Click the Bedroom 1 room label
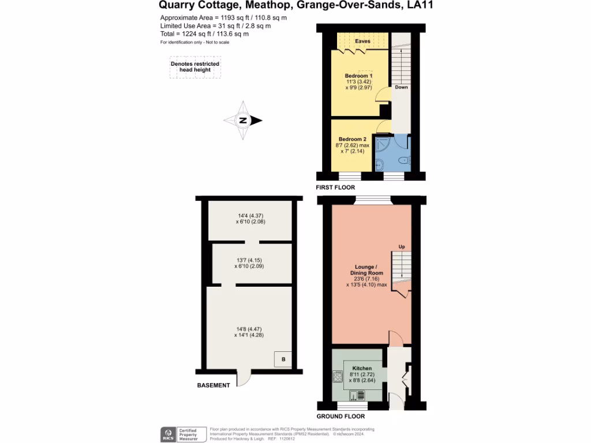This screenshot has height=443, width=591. [x=358, y=76]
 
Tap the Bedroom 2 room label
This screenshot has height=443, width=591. [x=352, y=140]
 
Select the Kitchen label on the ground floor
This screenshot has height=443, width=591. [x=362, y=368]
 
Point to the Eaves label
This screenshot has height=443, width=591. [x=362, y=41]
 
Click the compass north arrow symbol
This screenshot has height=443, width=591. [x=244, y=121]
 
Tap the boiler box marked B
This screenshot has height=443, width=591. [x=283, y=359]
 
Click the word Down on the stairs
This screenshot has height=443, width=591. [x=401, y=87]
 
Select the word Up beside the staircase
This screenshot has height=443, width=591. [x=402, y=247]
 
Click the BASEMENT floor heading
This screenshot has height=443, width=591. [x=214, y=385]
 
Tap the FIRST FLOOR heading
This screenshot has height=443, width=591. [x=335, y=187]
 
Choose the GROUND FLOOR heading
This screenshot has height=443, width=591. [x=341, y=416]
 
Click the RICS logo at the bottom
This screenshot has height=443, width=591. [x=170, y=434]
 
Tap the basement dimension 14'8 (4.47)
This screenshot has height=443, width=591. [x=249, y=330]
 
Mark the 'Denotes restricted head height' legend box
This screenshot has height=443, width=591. [x=195, y=67]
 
